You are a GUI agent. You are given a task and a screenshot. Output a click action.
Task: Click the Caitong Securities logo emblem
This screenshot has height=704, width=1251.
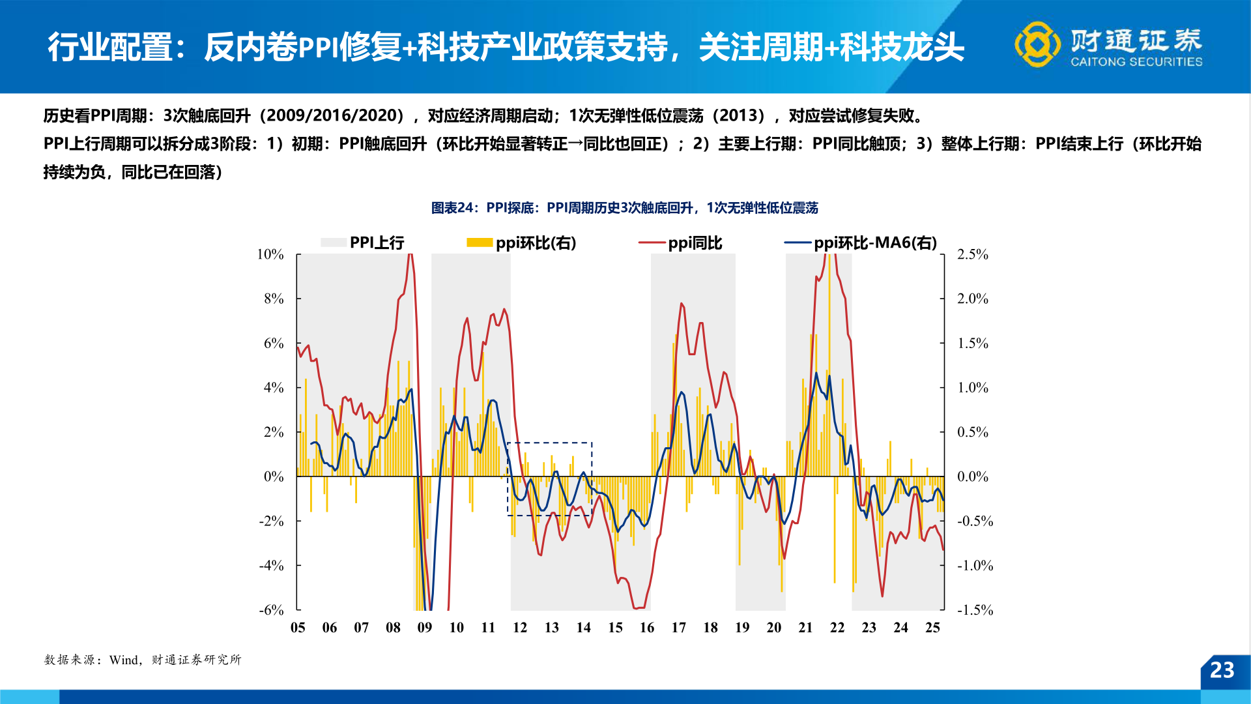click(1037, 44)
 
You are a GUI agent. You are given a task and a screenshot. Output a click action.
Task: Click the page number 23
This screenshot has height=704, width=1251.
click(1222, 670)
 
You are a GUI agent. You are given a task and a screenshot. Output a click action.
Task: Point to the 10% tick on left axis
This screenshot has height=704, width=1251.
click(270, 254)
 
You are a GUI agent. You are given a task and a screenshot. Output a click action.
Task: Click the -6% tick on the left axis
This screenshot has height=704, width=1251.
click(271, 610)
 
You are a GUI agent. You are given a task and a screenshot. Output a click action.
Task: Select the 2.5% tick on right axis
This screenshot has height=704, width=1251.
click(972, 254)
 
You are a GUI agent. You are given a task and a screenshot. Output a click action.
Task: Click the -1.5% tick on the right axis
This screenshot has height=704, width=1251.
click(975, 610)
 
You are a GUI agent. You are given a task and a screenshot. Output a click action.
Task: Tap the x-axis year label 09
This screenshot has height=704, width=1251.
click(425, 628)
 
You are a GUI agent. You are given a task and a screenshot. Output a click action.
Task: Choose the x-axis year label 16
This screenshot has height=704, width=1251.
click(647, 628)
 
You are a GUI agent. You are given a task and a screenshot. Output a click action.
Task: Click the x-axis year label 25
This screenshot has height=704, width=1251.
click(932, 628)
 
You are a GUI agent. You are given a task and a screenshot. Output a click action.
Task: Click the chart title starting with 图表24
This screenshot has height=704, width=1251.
click(624, 208)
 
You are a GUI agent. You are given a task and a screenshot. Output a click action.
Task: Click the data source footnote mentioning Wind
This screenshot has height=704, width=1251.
click(143, 660)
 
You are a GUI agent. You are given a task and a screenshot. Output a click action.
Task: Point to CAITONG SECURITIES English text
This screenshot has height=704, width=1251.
click(1136, 62)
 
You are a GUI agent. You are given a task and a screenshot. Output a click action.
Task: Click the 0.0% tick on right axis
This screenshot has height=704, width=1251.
click(972, 477)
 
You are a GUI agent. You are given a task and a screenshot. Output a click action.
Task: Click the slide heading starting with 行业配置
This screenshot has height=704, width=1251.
click(506, 47)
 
